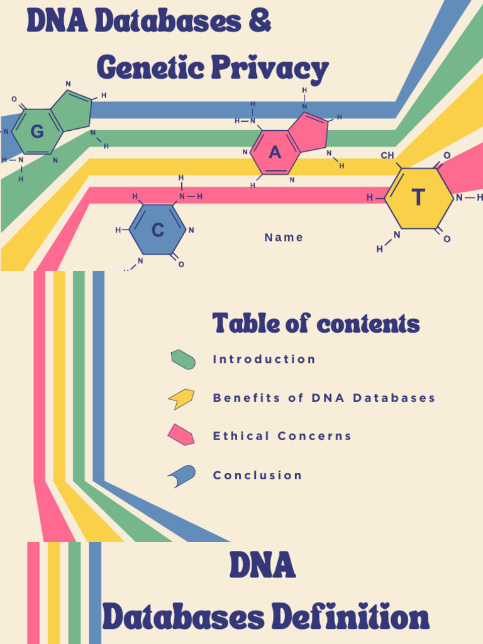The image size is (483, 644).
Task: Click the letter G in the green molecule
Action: point(37,132)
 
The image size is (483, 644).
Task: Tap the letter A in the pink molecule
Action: point(275,153)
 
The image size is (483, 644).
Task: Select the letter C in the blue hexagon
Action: point(158,230)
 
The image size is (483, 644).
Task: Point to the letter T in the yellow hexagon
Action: point(418,198)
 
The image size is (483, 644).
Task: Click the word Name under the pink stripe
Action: point(284,237)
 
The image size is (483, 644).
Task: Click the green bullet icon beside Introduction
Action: point(183,359)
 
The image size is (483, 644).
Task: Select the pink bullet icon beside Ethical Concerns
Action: point(181,435)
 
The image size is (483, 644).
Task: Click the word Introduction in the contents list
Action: point(264,359)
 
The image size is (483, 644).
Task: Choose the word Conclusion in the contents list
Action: point(258,475)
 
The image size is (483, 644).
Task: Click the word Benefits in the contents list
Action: point(245,398)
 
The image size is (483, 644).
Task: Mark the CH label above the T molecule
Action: point(387,155)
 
